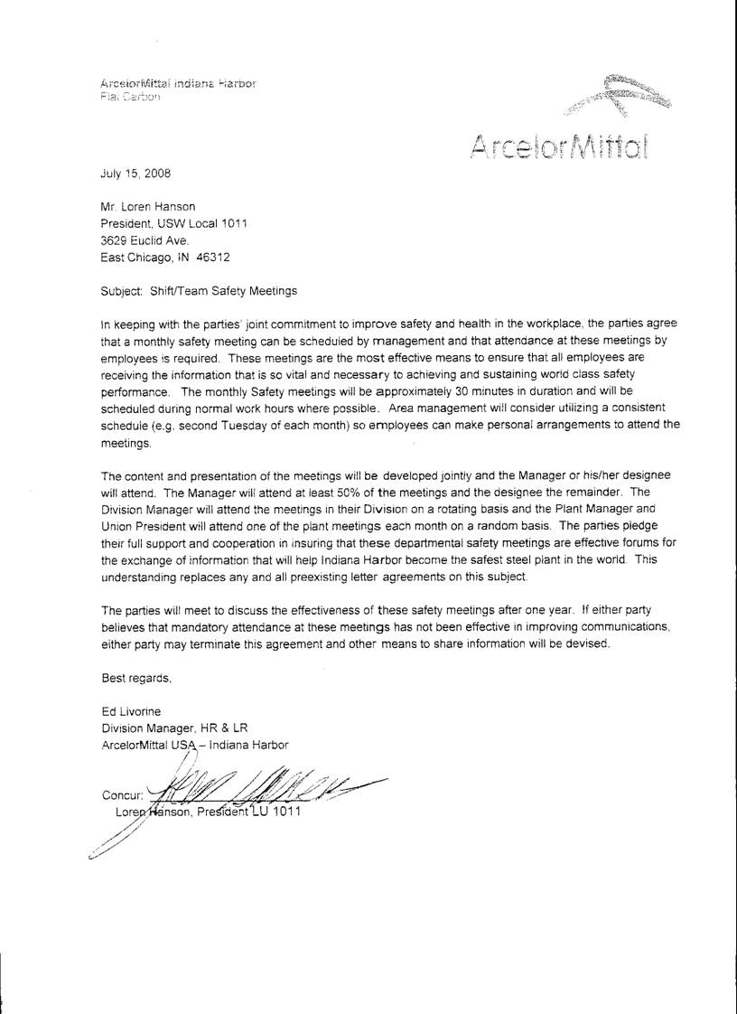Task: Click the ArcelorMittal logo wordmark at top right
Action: (x=560, y=144)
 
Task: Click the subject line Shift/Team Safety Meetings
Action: (x=199, y=291)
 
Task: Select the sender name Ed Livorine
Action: (x=131, y=711)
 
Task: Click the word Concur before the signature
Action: (x=123, y=796)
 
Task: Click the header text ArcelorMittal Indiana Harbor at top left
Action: (x=179, y=83)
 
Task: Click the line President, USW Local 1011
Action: (x=173, y=223)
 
